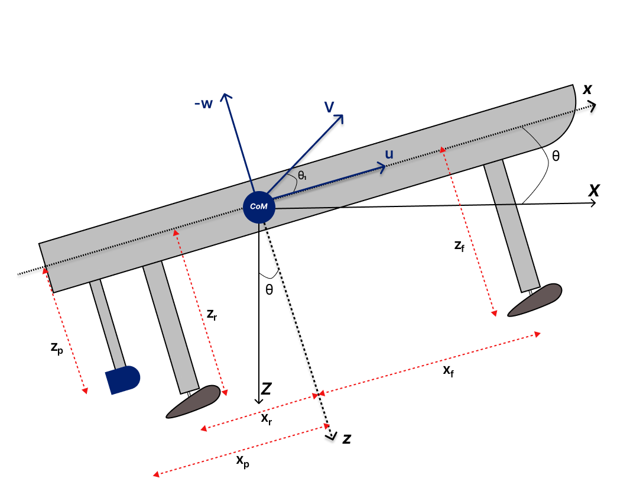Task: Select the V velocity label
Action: pos(329,106)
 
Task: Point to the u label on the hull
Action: pos(389,154)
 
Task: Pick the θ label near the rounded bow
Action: pos(555,157)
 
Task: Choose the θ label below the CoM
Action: pos(269,290)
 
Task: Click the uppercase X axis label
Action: pos(594,190)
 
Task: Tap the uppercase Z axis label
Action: pos(267,389)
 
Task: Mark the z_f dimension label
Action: pos(459,246)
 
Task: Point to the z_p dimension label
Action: pos(58,348)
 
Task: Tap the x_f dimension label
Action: pos(449,370)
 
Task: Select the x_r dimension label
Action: pos(267,418)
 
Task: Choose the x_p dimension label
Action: pos(242,462)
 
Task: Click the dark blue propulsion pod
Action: pos(122,380)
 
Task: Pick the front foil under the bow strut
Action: pos(534,299)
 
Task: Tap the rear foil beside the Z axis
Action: pos(193,402)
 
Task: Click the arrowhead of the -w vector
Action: pos(225,96)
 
